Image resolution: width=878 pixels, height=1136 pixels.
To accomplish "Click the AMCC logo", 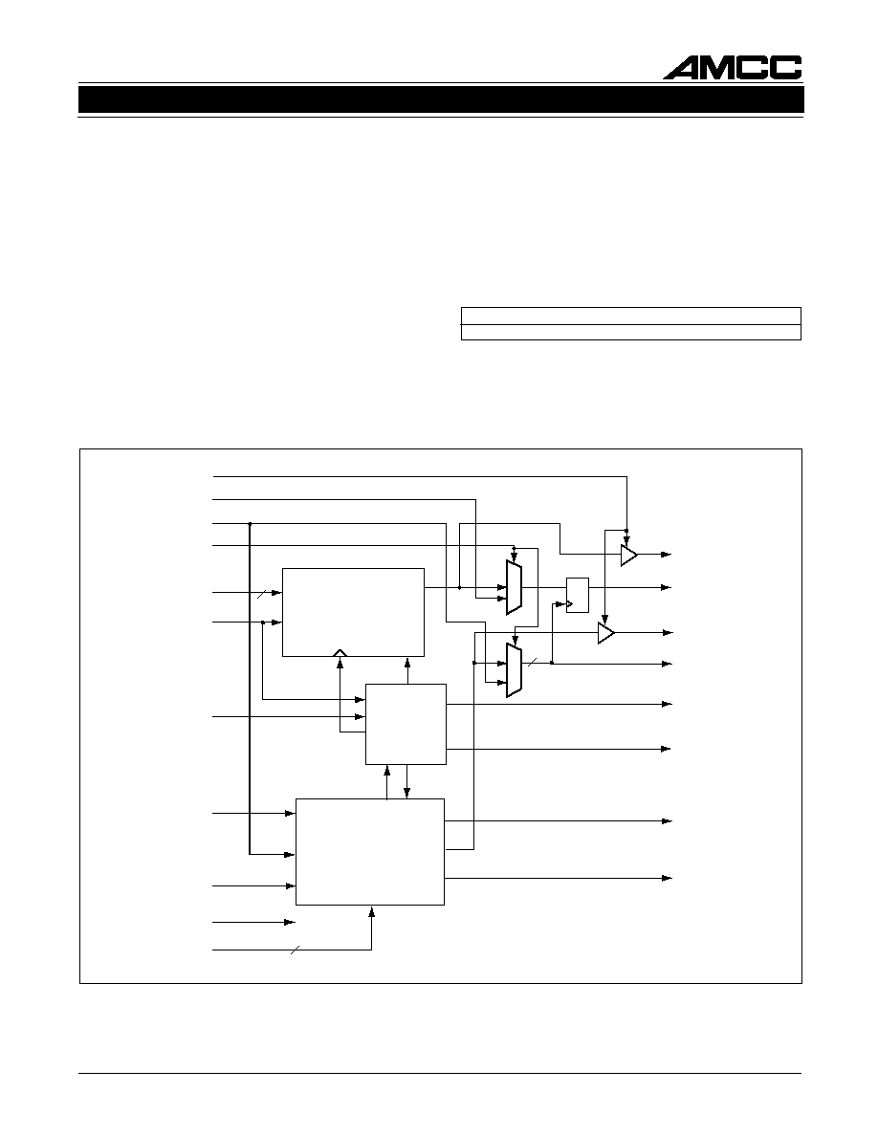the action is [733, 67].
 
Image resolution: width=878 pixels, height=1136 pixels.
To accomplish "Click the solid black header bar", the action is [441, 100].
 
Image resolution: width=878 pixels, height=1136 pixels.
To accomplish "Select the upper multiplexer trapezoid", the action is [514, 587].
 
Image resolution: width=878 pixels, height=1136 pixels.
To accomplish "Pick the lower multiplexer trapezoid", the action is [514, 671].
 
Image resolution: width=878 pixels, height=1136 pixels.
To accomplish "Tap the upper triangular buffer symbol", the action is [628, 555].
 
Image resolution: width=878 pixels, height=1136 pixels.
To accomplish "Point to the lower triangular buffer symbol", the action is [605, 633].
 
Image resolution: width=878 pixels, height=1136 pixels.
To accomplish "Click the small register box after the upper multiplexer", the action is [578, 595].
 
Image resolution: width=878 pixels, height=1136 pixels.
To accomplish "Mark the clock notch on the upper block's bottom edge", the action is [340, 653].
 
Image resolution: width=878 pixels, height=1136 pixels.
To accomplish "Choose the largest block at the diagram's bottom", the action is [370, 851].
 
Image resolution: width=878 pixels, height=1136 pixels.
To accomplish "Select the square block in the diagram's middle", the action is [406, 724].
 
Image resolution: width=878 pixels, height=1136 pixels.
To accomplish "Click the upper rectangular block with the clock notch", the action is [353, 612].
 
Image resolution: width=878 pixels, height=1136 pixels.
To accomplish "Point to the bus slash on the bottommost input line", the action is [295, 950].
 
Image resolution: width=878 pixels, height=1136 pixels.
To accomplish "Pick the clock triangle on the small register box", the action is [569, 602].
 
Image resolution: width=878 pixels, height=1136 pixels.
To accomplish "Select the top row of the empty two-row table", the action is [631, 316].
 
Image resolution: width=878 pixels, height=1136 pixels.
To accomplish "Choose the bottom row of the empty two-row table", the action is [631, 332].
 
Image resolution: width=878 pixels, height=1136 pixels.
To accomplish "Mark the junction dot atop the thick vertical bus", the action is [250, 523].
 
